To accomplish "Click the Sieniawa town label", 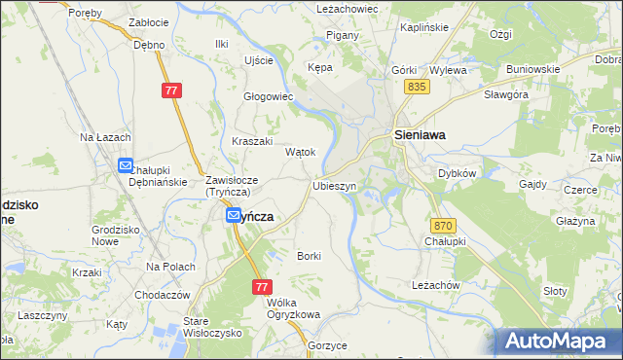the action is [x=419, y=137].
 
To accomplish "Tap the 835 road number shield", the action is [x=418, y=88].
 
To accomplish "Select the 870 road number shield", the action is [x=434, y=224].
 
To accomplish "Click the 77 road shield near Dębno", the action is [x=171, y=90].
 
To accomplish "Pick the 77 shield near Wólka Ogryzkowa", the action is [x=261, y=287].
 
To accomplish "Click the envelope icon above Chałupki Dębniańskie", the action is [x=126, y=166].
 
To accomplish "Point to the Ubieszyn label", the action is [x=334, y=185].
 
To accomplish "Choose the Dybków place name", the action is [x=456, y=172].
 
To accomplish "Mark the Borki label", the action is [x=309, y=256].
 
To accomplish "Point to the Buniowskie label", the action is [x=532, y=69].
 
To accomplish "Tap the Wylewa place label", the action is [x=448, y=70].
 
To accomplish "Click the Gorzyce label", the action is [x=326, y=345].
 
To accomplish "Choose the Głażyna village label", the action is [x=575, y=221].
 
